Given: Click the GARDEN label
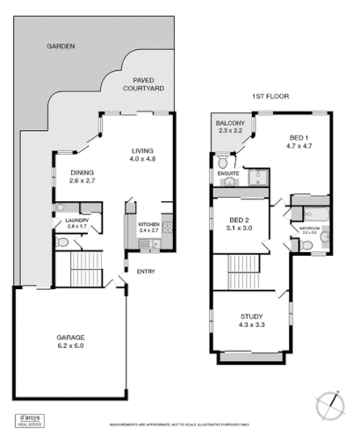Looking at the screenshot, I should pos(61,46).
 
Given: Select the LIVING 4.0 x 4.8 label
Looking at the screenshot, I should pos(143,156).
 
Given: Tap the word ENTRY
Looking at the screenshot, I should pos(145,271).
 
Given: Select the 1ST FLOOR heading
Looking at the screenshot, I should pos(270,96).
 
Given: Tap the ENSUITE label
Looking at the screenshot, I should pos(228,173).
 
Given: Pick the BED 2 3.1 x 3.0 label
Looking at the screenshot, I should pos(241,223).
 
